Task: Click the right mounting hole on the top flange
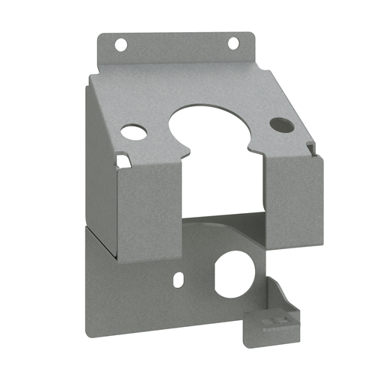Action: [x=232, y=42]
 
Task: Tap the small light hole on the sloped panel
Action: [x=135, y=133]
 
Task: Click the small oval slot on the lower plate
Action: [x=177, y=279]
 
